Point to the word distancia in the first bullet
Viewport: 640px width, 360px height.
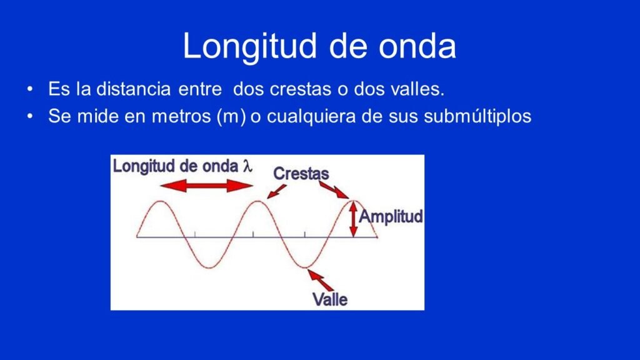tap(134, 89)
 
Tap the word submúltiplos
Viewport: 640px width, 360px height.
tap(477, 117)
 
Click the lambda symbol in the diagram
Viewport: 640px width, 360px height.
tap(247, 166)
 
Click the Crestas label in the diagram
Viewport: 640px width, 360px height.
tap(301, 174)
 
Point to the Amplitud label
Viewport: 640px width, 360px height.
tap(391, 216)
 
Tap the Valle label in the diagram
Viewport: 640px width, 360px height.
tap(330, 299)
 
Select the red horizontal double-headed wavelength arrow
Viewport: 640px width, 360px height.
tap(206, 186)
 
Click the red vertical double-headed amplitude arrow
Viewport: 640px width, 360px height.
tap(354, 219)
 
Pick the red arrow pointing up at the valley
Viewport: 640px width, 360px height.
tap(320, 279)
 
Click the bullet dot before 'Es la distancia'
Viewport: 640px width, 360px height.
tap(30, 89)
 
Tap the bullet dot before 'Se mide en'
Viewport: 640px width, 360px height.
tap(30, 117)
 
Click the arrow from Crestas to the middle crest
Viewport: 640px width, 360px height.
tap(276, 191)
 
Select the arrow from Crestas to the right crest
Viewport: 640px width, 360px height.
tap(334, 190)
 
